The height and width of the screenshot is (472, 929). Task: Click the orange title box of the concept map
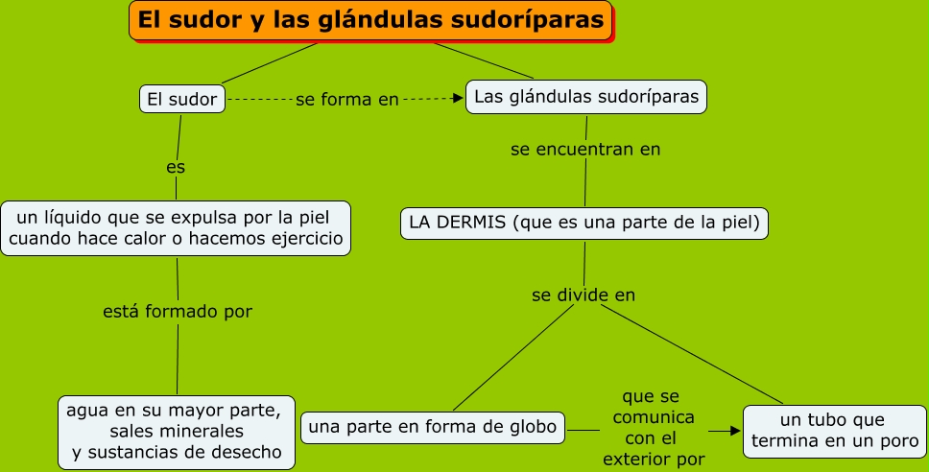coord(370,21)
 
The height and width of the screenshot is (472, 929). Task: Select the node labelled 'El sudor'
coord(182,99)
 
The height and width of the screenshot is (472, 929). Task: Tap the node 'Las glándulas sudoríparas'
coord(586,97)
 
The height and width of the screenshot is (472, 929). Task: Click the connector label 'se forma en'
coord(346,99)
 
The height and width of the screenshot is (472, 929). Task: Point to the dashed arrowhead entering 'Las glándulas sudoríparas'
coord(457,98)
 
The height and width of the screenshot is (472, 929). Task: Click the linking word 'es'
coord(176,167)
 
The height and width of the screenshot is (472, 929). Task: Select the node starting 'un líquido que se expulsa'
coord(176,227)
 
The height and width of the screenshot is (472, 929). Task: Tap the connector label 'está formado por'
coord(178,312)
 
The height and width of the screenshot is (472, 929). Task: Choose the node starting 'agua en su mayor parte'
coord(176,431)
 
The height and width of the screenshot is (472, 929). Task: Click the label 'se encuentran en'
coord(585,150)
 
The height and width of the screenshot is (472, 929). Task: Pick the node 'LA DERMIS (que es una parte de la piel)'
coord(584,224)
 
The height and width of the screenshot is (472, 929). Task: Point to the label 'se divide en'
coord(584,295)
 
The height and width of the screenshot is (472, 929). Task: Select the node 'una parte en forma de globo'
coord(433,427)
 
